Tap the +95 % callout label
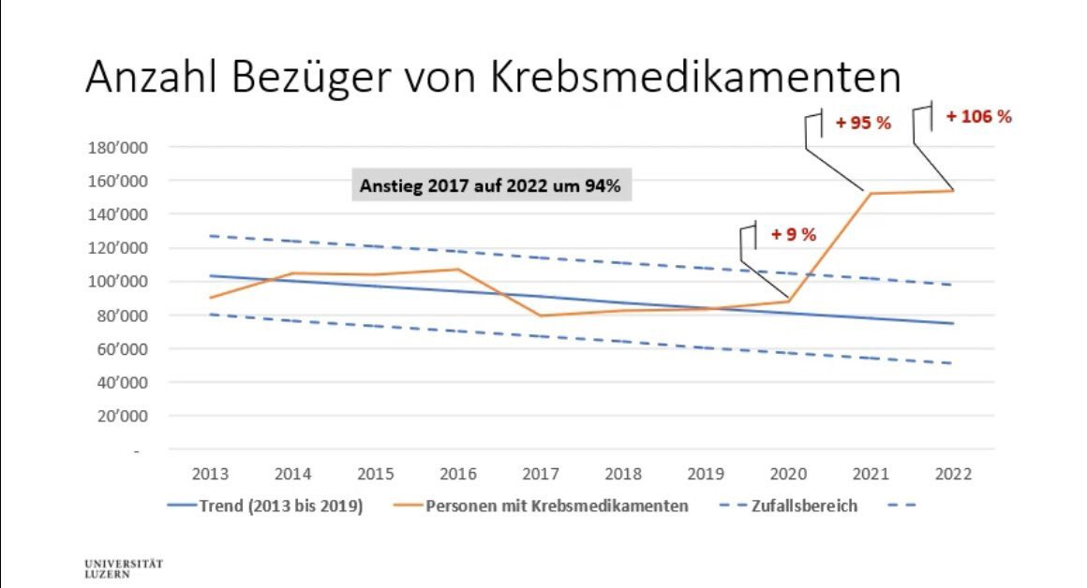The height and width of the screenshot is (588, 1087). pyautogui.click(x=862, y=124)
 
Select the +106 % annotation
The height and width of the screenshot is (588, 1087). pyautogui.click(x=978, y=117)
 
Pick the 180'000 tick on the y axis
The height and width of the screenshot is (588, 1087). pyautogui.click(x=113, y=147)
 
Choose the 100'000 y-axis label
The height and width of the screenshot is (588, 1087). pyautogui.click(x=113, y=282)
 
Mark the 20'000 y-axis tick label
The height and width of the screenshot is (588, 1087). pyautogui.click(x=117, y=417)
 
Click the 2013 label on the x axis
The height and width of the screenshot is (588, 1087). pyautogui.click(x=209, y=473)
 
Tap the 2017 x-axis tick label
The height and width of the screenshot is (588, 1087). pyautogui.click(x=540, y=473)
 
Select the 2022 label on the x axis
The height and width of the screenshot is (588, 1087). pyautogui.click(x=953, y=473)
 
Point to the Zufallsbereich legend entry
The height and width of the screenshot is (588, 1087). pyautogui.click(x=803, y=506)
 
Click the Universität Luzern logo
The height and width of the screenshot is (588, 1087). pyautogui.click(x=123, y=568)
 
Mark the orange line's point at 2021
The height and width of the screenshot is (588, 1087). pyautogui.click(x=871, y=194)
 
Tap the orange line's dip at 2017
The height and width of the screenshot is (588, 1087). pyautogui.click(x=540, y=316)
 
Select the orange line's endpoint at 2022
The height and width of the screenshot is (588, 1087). pyautogui.click(x=953, y=191)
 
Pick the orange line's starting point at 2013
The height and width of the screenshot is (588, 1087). pyautogui.click(x=209, y=298)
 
